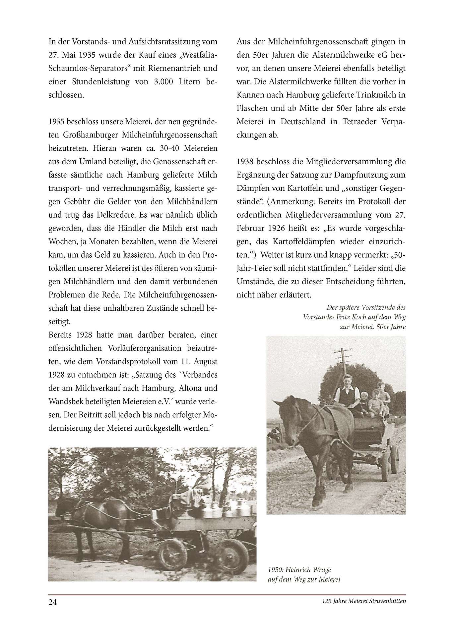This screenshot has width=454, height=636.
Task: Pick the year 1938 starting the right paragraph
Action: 245,162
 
